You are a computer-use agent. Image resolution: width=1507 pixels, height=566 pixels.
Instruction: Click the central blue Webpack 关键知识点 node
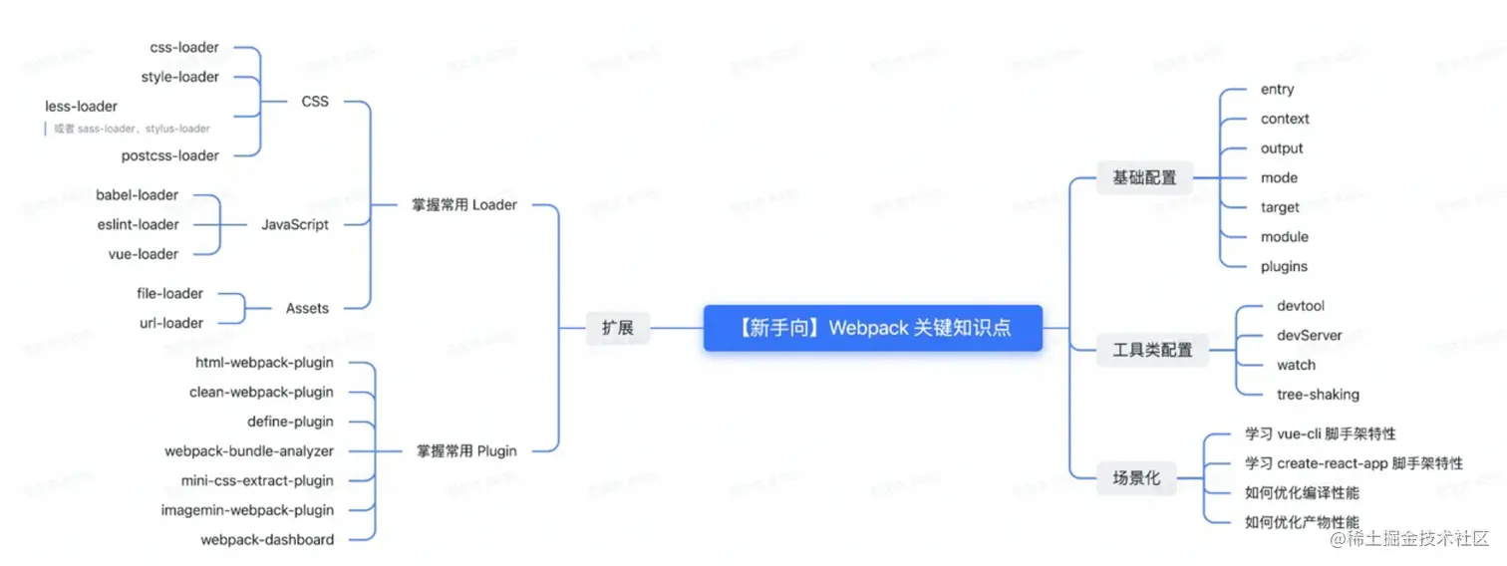(x=872, y=328)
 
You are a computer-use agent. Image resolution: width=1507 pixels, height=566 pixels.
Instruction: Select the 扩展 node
(x=617, y=328)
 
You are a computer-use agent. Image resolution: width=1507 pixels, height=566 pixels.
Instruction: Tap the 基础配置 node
(x=1144, y=178)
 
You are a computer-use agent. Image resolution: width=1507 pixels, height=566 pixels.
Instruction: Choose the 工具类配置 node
(x=1152, y=350)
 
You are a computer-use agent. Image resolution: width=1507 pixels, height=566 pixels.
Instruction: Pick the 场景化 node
(x=1136, y=478)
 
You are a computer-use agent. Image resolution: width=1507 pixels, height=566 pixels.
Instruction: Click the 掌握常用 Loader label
(x=464, y=205)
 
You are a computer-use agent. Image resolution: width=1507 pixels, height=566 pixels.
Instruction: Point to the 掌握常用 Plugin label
(x=466, y=450)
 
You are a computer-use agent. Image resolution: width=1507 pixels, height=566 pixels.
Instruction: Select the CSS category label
(x=314, y=102)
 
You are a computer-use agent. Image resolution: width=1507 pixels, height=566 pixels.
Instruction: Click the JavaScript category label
(x=295, y=224)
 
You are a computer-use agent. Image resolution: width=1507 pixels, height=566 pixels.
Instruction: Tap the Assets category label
(x=307, y=309)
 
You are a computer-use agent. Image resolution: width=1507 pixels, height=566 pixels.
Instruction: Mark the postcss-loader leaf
(x=169, y=155)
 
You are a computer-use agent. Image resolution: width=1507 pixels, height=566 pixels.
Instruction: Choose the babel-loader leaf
(x=138, y=195)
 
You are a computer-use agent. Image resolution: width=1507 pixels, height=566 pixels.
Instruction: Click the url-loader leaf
(x=171, y=323)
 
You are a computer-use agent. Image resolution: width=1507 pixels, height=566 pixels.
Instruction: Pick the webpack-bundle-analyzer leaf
(x=249, y=451)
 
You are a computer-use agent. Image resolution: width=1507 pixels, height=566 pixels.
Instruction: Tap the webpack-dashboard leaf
(x=267, y=539)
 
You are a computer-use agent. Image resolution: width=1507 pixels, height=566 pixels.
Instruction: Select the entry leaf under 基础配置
(x=1277, y=90)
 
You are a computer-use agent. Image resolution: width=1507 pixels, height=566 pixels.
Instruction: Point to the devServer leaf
(x=1309, y=336)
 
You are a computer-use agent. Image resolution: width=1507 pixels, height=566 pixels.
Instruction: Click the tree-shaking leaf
(x=1318, y=395)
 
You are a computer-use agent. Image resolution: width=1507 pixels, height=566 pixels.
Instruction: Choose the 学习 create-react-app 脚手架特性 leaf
(x=1354, y=463)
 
